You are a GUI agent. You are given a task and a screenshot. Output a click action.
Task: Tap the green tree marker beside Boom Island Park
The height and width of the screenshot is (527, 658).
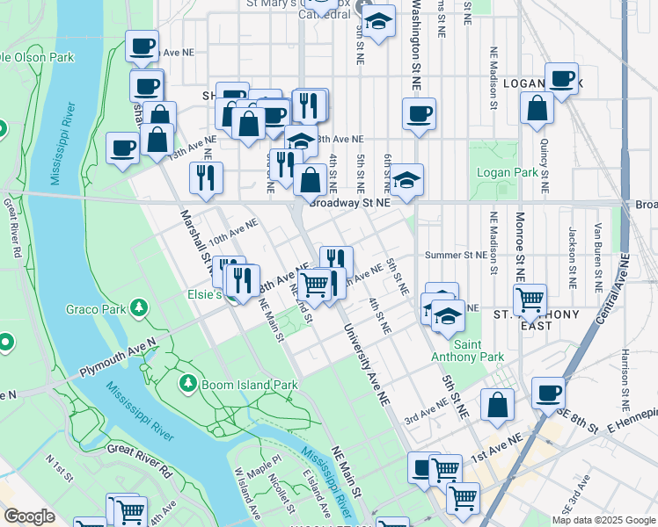pyautogui.click(x=187, y=385)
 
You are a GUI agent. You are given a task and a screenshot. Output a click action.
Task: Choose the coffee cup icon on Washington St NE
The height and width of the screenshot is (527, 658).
pyautogui.click(x=419, y=113)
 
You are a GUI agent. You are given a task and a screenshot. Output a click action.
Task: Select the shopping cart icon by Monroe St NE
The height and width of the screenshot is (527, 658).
pyautogui.click(x=530, y=299)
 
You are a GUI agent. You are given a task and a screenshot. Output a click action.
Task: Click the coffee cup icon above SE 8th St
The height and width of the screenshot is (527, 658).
pyautogui.click(x=548, y=392)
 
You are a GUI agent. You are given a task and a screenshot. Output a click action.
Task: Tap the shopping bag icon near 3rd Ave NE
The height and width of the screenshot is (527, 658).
pyautogui.click(x=497, y=404)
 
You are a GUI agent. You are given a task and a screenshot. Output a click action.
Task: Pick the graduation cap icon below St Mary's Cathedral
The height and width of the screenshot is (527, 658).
pyautogui.click(x=379, y=23)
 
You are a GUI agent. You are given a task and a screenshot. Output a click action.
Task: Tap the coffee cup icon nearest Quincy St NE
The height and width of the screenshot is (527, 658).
pyautogui.click(x=561, y=79)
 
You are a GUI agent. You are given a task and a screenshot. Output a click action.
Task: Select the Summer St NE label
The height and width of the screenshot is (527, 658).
pyautogui.click(x=456, y=255)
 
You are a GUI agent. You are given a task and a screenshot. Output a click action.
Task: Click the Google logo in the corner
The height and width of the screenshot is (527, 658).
pyautogui.click(x=28, y=516)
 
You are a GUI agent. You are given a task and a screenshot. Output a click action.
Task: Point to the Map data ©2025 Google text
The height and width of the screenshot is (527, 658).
pyautogui.click(x=603, y=520)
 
